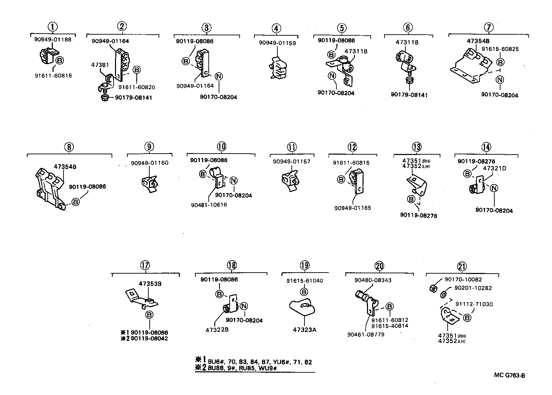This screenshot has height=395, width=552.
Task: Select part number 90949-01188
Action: tap(53, 39)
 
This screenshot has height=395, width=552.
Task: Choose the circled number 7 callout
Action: tap(489, 27)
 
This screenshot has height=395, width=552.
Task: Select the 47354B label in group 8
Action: tap(65, 167)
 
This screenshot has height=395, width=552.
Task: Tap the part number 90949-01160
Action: tap(150, 163)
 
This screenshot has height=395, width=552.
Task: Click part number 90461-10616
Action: tap(209, 205)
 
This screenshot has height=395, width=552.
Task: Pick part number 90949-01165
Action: tap(353, 208)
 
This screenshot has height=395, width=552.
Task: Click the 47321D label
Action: tap(495, 168)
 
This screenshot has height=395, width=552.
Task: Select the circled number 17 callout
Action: tap(145, 265)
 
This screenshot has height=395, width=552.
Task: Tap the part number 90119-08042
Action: tap(149, 338)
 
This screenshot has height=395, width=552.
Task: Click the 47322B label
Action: tap(217, 330)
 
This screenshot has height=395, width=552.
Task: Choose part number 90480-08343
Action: tap(373, 280)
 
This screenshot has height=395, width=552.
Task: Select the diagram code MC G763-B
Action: tap(509, 375)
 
